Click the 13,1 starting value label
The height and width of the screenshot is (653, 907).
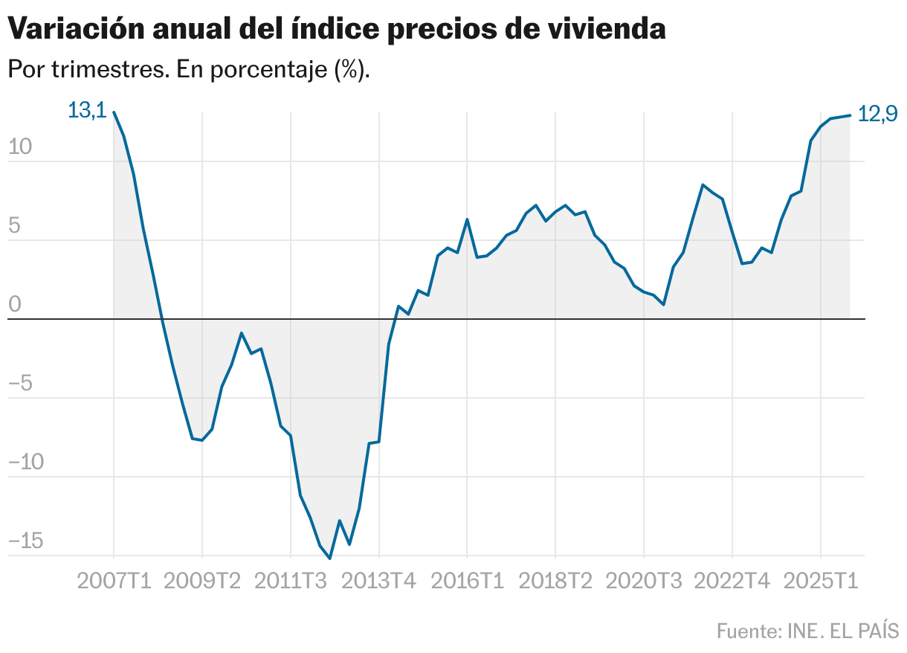(87, 111)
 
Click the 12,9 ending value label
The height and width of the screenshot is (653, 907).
(877, 114)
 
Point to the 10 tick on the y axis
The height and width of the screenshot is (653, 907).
(21, 147)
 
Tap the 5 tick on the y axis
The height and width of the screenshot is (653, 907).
(16, 225)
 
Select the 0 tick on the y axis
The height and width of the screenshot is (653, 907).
(16, 304)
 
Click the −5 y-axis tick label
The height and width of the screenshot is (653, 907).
(21, 383)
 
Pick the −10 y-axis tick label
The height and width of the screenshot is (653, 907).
(26, 462)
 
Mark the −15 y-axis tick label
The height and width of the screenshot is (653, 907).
(26, 541)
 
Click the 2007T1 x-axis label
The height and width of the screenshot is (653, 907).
(114, 580)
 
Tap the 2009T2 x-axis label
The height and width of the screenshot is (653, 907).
(202, 580)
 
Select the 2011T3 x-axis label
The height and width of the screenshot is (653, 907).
(291, 580)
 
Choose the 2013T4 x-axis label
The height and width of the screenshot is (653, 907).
(379, 580)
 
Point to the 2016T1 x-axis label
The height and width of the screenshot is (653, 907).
(467, 580)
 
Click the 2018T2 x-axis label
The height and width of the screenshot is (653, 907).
(555, 580)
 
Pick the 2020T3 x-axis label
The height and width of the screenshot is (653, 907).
(644, 580)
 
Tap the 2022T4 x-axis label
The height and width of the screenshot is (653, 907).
(732, 580)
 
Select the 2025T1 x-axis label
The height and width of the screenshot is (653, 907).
(821, 580)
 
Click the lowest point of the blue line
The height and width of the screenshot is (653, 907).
(329, 558)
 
